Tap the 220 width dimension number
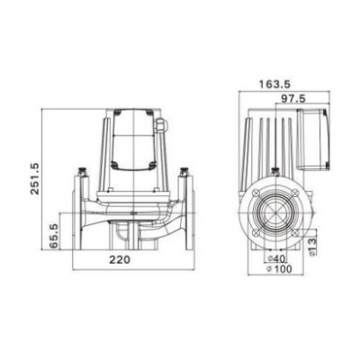[x=133, y=260]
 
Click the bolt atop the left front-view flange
[x=83, y=168]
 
